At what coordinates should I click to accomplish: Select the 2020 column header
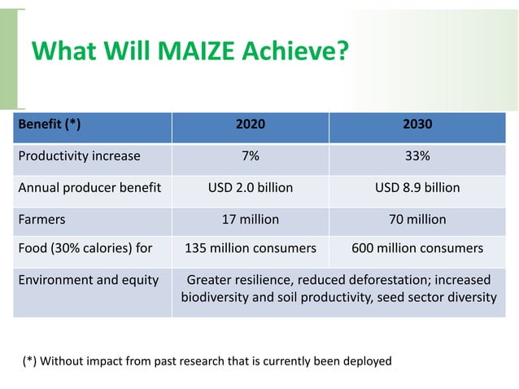click(x=250, y=125)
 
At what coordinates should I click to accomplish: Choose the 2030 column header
click(x=417, y=125)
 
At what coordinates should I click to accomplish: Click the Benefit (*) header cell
click(x=50, y=125)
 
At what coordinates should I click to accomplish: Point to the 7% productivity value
click(x=250, y=156)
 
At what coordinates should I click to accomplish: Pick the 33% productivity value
click(x=417, y=156)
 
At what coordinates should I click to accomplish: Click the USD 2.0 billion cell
click(x=250, y=187)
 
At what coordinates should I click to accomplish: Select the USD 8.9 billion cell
click(x=417, y=187)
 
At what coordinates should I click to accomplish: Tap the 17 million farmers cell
click(x=250, y=218)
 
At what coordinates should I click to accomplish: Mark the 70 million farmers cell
click(x=417, y=218)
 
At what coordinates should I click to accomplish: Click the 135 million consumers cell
click(x=250, y=248)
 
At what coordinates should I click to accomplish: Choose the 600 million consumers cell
click(x=417, y=248)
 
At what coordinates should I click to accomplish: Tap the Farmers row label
click(x=43, y=218)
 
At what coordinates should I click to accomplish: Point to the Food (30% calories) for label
click(x=87, y=248)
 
